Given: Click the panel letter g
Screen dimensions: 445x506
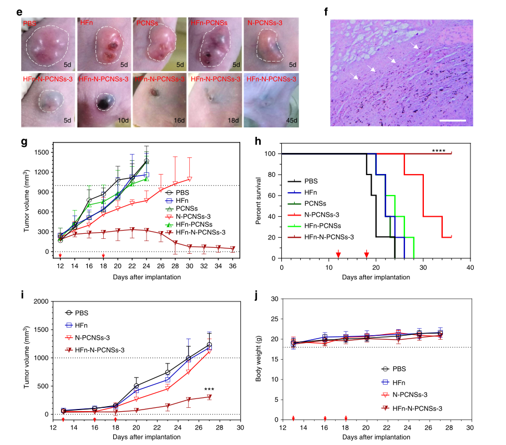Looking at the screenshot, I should tap(24, 142).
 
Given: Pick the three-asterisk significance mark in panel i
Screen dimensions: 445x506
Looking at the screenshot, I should tap(209, 389).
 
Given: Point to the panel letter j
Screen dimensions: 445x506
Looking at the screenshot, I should tap(256, 293).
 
